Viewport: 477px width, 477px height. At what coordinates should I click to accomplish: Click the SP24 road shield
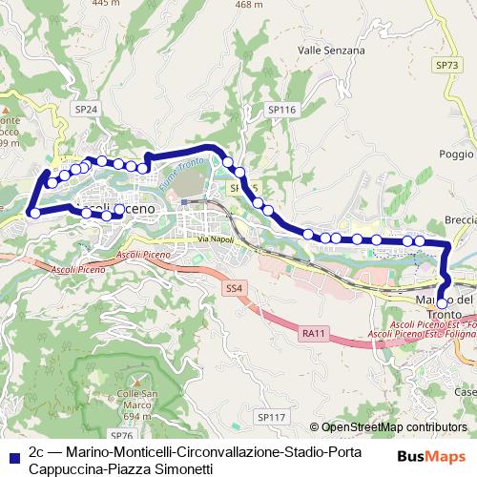pos(86,110)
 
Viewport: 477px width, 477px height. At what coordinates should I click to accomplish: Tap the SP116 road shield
pos(282,111)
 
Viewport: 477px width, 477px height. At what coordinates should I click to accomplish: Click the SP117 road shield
pos(271,417)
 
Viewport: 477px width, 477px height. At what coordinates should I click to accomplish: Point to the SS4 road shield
pos(235,287)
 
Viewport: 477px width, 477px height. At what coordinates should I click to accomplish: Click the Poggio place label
pos(456,154)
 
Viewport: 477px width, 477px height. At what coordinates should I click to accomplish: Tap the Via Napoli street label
pos(216,238)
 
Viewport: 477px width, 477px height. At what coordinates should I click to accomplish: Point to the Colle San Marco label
pos(136,400)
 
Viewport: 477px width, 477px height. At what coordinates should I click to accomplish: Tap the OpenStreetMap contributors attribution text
pos(394,427)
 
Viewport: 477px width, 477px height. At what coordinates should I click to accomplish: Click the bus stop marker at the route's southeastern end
pos(441,303)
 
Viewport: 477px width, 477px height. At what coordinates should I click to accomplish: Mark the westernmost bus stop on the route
pos(35,213)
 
